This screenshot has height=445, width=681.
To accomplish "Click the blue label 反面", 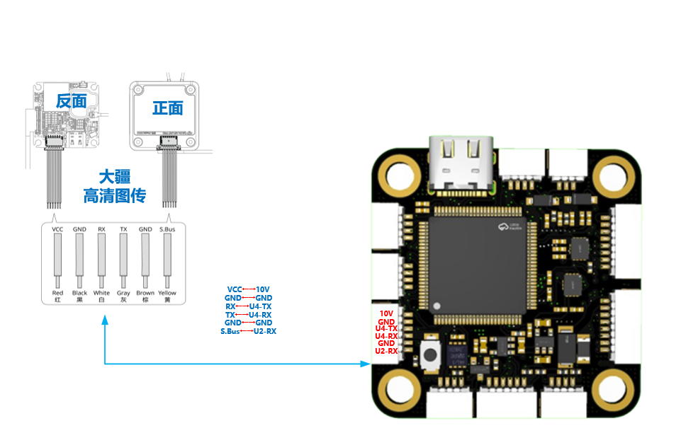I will (x=71, y=101).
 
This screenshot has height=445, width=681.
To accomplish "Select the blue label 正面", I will (x=167, y=108).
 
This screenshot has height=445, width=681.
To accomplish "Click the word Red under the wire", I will (x=58, y=293).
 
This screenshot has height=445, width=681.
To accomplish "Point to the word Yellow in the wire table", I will (x=167, y=293).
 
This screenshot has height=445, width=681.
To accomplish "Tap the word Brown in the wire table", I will (x=145, y=293).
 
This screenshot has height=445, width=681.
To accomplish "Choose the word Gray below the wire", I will (x=123, y=293).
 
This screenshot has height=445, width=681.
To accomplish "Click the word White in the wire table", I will (x=101, y=293).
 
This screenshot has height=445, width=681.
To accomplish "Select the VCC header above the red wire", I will (x=58, y=229).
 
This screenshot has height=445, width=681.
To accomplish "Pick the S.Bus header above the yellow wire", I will (x=167, y=229).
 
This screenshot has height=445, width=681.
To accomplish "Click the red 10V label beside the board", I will (x=386, y=313).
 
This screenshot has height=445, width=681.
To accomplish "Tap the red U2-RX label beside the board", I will (x=387, y=351).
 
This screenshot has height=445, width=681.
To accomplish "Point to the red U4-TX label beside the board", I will (x=387, y=328).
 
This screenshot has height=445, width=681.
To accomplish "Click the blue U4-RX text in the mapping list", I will (x=260, y=314).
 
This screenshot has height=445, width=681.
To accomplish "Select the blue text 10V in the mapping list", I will (x=263, y=289).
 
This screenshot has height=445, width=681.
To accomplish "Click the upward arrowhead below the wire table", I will (x=105, y=320).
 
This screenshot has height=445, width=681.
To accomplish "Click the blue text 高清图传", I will (x=114, y=195).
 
